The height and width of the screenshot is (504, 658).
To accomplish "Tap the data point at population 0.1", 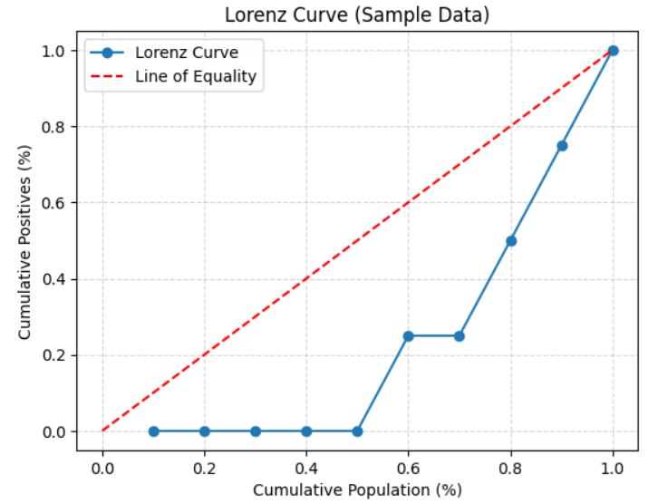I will (153, 431).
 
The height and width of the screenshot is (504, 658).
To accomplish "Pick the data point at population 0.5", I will (358, 431).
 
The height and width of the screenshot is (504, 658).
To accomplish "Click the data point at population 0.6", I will (409, 336).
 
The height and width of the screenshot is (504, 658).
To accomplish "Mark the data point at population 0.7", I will (460, 336).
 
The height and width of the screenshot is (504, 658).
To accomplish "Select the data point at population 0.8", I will (511, 241).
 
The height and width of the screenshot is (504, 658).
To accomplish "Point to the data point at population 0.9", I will (562, 146).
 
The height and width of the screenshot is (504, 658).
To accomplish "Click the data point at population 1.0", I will (613, 51).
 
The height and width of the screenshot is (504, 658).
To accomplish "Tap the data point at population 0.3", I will (256, 431).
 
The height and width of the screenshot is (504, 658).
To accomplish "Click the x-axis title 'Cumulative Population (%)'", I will (357, 490).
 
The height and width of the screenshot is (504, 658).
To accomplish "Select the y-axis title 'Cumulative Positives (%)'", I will (24, 241).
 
